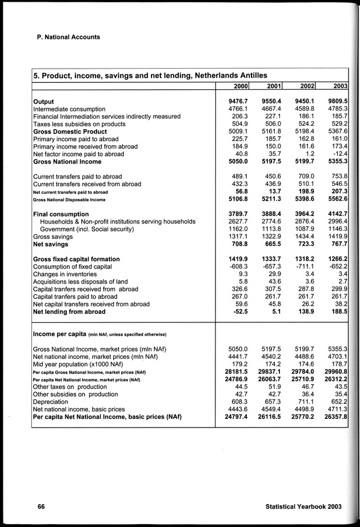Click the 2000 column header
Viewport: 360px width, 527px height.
click(x=241, y=86)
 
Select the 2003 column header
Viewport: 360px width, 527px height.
click(x=341, y=86)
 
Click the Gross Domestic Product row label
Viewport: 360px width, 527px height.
click(x=70, y=131)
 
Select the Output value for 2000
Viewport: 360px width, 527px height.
click(x=234, y=102)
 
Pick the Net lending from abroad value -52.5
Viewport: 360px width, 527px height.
click(x=235, y=312)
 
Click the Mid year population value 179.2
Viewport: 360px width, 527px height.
click(x=237, y=364)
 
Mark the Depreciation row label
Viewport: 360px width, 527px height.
click(x=53, y=401)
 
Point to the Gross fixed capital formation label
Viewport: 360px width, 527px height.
click(x=77, y=259)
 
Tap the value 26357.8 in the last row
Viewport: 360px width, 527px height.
click(x=334, y=417)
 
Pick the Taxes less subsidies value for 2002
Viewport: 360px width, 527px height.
click(x=303, y=124)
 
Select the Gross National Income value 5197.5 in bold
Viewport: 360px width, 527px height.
click(x=267, y=162)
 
